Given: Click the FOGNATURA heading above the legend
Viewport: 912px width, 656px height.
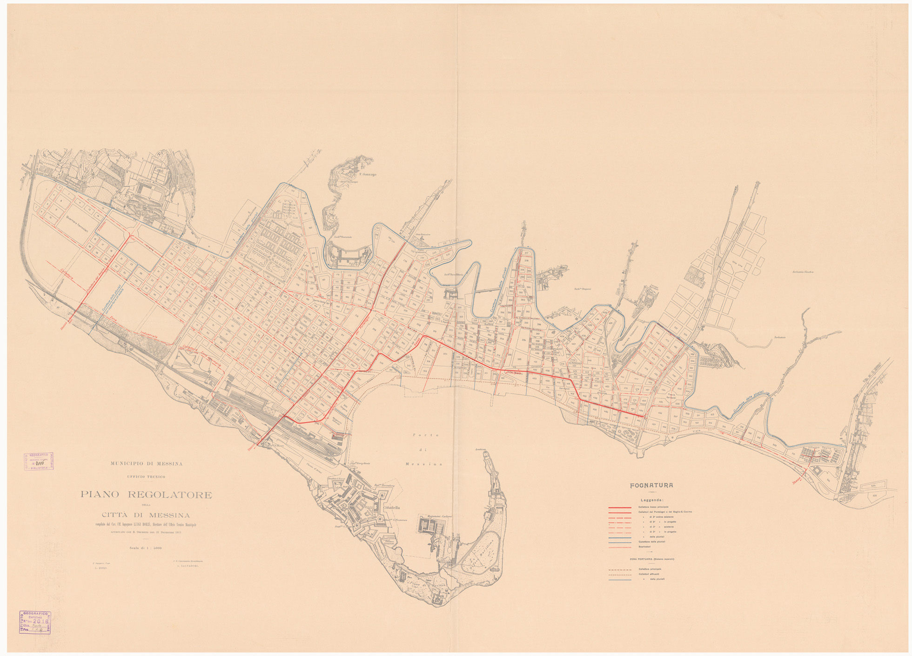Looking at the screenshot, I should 651,486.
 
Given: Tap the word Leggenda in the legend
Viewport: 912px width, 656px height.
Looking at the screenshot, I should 651,500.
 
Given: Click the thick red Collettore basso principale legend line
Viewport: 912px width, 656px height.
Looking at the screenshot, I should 620,507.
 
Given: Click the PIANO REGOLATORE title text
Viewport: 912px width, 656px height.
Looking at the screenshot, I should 146,495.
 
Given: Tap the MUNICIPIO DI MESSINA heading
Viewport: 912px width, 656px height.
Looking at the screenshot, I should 146,464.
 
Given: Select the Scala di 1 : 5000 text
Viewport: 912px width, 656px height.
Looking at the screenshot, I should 146,548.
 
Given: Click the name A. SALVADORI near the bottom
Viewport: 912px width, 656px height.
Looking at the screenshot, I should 190,566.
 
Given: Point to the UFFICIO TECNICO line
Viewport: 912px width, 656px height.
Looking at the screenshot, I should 146,477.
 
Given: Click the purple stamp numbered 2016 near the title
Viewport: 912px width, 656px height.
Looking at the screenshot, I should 39,462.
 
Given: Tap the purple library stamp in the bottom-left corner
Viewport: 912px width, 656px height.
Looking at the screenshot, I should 35,622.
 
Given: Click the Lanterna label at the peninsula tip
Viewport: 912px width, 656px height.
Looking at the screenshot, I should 480,449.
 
